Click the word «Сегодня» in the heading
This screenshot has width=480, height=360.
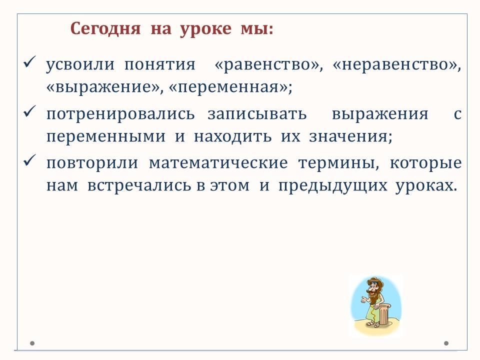click(105, 29)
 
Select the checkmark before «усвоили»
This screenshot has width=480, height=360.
click(29, 61)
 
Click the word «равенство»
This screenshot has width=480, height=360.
click(266, 65)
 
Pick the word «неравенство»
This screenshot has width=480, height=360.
click(395, 65)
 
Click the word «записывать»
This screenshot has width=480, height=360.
click(257, 114)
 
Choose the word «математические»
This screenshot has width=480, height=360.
click(218, 163)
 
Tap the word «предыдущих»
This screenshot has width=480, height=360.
click(333, 186)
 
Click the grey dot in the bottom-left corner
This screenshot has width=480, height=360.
click(32, 343)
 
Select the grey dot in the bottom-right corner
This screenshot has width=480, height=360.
click(446, 343)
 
